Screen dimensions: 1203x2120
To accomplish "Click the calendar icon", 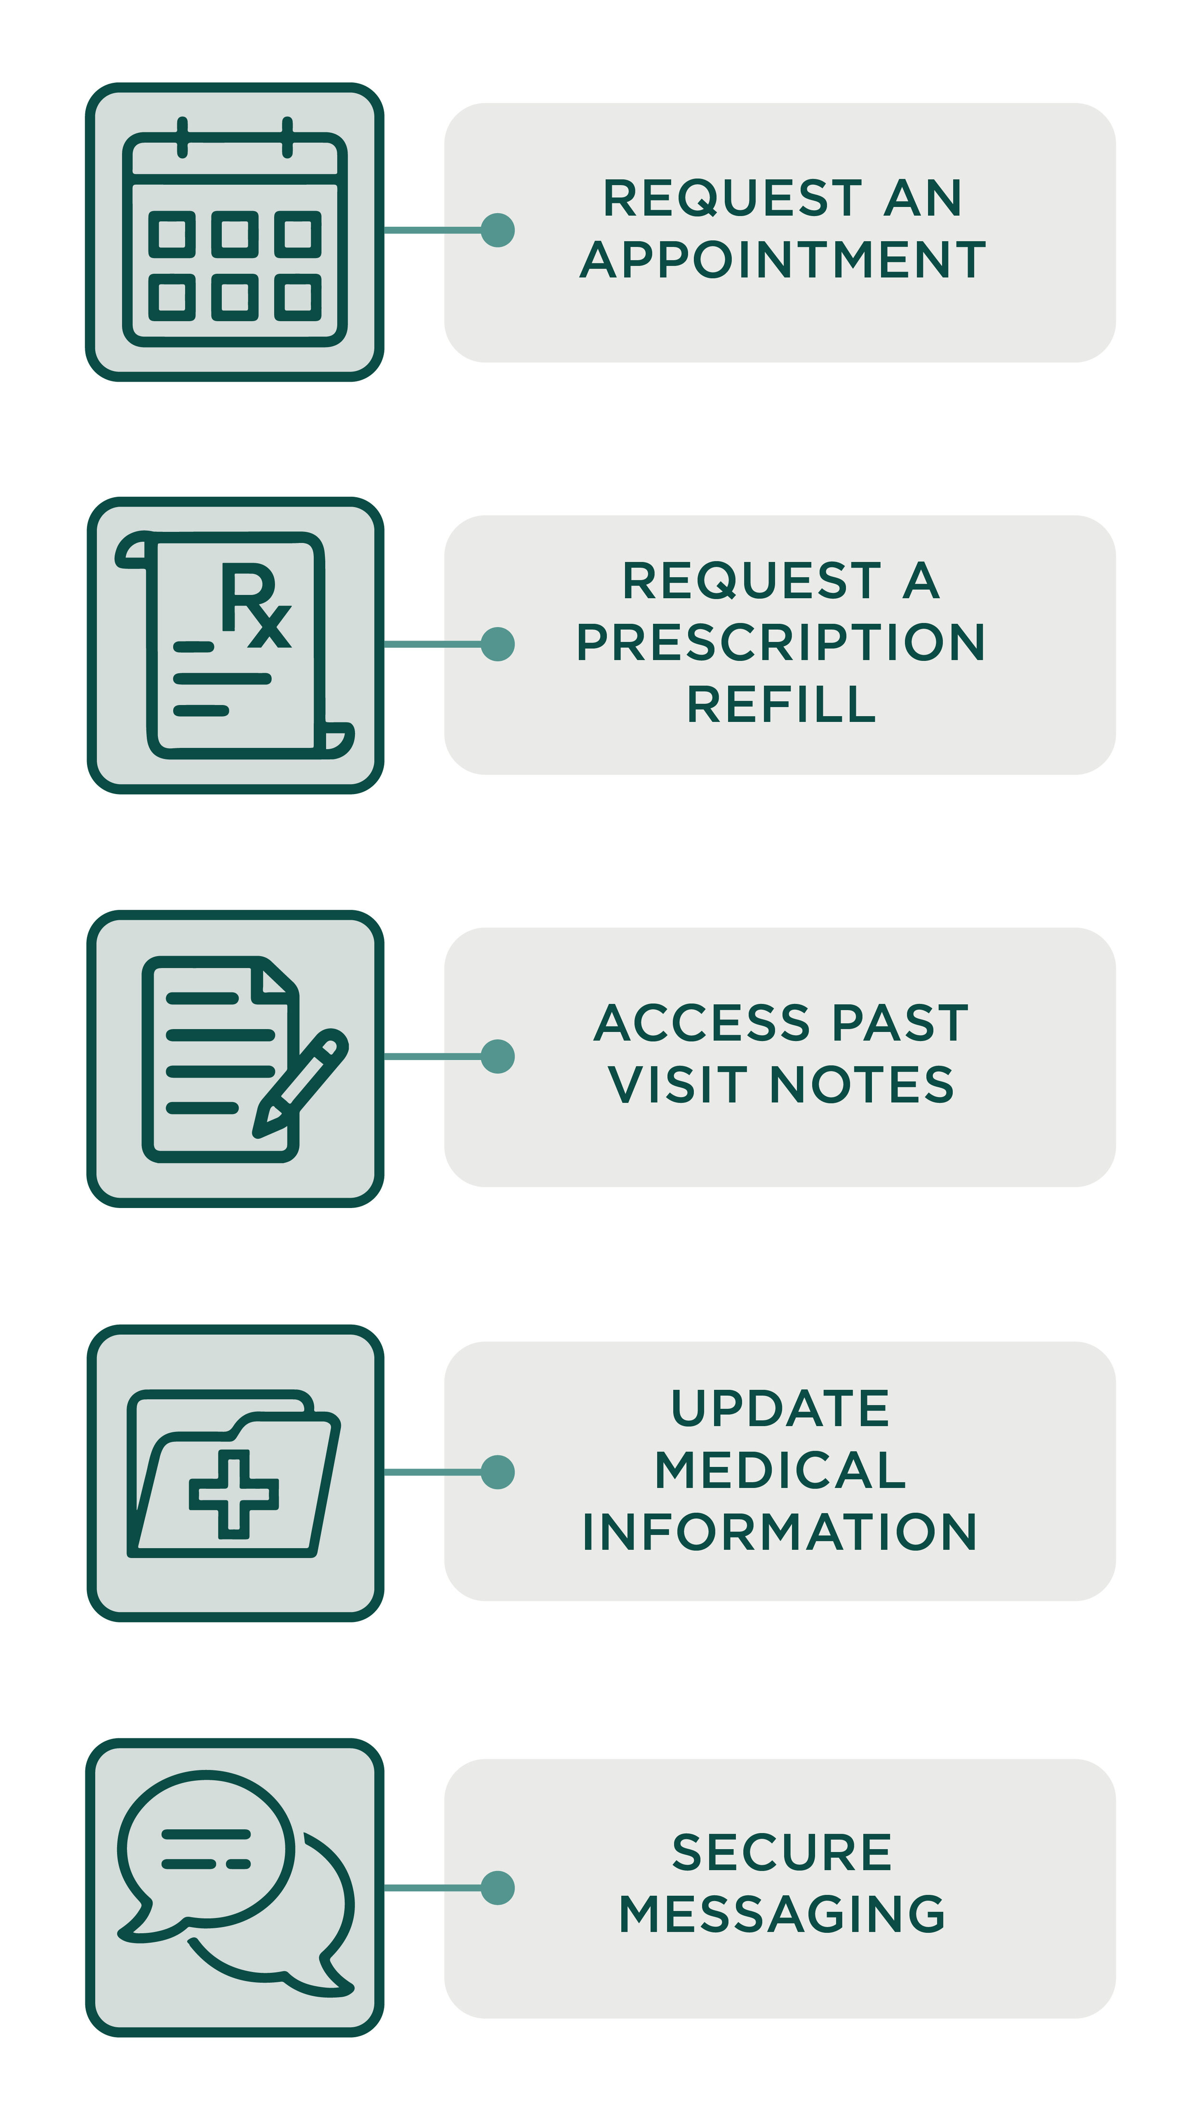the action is click(x=235, y=232).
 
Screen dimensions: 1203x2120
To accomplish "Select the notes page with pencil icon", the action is click(x=244, y=1059).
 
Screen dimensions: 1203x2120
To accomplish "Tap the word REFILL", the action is click(x=781, y=704).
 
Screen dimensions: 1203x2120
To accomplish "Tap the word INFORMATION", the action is click(x=780, y=1532).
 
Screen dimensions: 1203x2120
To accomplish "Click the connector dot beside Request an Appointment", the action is click(x=498, y=230).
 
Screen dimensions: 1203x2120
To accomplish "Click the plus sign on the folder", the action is click(x=234, y=1494).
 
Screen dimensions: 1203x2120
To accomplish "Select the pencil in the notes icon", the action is click(x=300, y=1083).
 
